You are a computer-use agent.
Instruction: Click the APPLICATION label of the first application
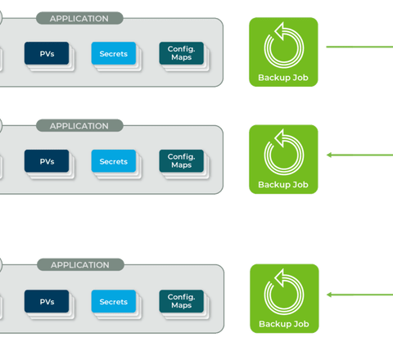[79, 18]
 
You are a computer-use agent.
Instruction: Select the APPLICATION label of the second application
[79, 126]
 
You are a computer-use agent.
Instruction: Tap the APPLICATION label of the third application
[80, 265]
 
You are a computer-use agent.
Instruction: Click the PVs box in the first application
[47, 53]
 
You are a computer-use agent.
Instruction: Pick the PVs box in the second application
[47, 161]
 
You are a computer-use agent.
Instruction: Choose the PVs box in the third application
[47, 301]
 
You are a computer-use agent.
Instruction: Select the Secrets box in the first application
[114, 53]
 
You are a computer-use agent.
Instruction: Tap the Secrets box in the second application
[114, 161]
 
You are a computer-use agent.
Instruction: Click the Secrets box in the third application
[114, 301]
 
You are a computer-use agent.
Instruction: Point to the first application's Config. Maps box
[182, 53]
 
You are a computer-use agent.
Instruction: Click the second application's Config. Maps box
[182, 161]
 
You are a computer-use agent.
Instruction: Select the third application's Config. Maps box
[182, 301]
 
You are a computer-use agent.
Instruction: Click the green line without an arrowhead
[359, 47]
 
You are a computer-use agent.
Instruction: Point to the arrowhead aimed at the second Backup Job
[329, 155]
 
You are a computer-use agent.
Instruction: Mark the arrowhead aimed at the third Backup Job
[329, 295]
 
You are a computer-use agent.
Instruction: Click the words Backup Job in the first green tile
[283, 78]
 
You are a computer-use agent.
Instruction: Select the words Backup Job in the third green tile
[284, 324]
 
